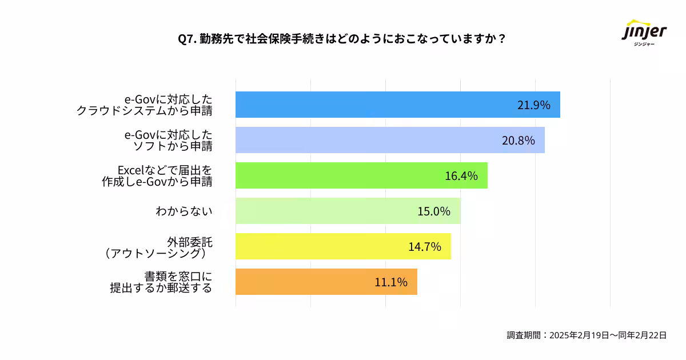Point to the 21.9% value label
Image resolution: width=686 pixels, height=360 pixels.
pos(533,105)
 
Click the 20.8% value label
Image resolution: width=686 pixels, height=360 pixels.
pos(518,141)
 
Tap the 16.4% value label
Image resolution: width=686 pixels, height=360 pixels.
pos(461,176)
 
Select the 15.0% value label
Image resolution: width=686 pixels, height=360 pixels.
pos(433,211)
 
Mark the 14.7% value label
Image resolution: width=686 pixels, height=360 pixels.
pos(424,247)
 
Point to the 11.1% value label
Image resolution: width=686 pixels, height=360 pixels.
pos(390,282)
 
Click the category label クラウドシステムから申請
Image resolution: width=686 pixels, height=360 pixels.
pos(145,111)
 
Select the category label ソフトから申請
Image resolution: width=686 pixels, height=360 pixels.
pos(173,146)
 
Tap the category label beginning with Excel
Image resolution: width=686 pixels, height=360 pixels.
pos(165,170)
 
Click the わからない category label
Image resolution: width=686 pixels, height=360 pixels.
pos(184,211)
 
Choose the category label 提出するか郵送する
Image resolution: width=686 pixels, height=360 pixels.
pos(161,287)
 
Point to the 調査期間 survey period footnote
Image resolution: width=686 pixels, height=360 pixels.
pos(587,335)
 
